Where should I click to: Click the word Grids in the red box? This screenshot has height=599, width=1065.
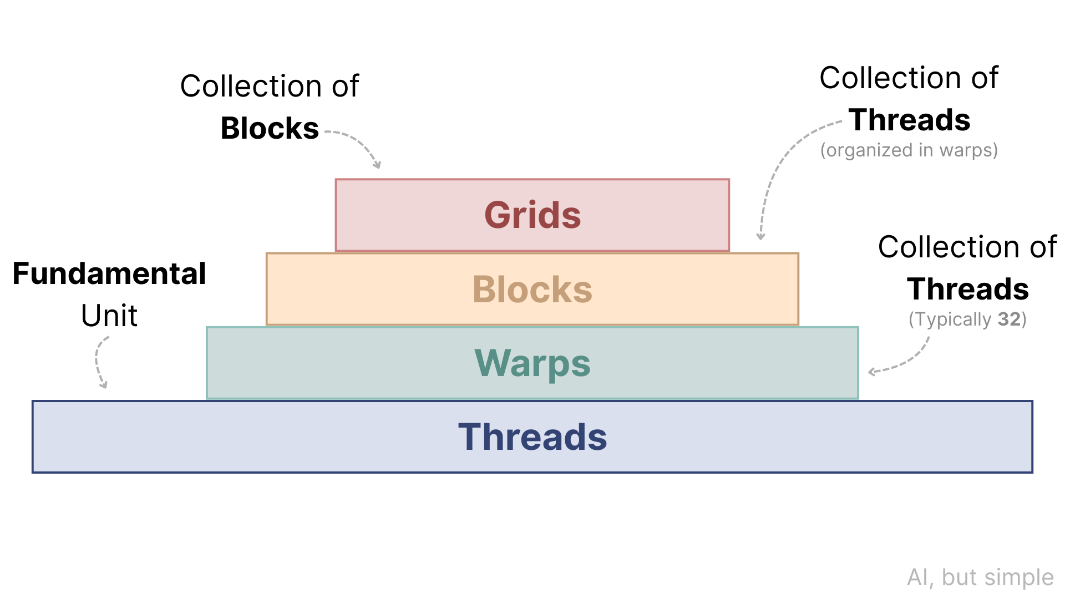[532, 215]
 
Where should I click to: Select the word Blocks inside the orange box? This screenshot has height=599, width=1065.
[532, 290]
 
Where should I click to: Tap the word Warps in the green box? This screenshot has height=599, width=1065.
[532, 363]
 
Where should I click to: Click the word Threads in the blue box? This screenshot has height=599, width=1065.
[532, 437]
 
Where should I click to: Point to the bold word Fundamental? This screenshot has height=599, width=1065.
[109, 273]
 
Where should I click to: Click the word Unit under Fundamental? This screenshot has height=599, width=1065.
[109, 316]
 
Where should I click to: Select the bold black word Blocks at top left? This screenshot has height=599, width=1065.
[270, 128]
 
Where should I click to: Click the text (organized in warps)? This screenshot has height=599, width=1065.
[909, 150]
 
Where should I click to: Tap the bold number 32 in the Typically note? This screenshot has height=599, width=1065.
[1009, 319]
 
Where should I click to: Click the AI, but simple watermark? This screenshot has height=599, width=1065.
[980, 577]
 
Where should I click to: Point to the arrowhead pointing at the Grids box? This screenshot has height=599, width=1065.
[377, 165]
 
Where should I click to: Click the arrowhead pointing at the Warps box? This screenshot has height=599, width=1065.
[872, 372]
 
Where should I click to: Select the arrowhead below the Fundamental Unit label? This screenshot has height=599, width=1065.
[103, 385]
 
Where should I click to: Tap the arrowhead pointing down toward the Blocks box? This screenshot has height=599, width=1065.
[761, 237]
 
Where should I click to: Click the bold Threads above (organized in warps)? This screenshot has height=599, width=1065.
[909, 120]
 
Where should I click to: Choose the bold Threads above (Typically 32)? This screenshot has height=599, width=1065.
[967, 289]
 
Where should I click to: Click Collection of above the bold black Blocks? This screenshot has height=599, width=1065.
[270, 86]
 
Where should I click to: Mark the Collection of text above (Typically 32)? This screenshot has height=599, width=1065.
[967, 247]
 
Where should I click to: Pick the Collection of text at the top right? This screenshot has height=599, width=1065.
[909, 78]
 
